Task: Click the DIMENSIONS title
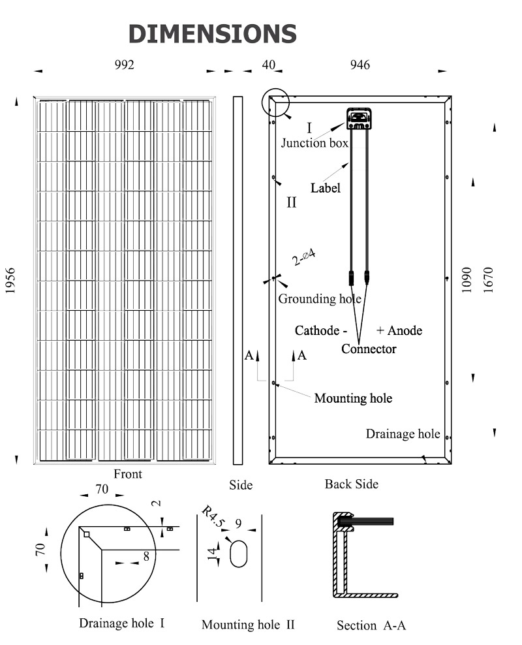point(213,33)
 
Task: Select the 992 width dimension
point(124,64)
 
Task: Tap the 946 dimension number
point(360,64)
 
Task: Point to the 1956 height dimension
point(10,281)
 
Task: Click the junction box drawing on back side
point(358,118)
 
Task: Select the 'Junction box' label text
point(315,143)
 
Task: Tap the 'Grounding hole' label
point(320,299)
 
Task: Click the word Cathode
point(317,330)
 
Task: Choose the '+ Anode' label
point(399,330)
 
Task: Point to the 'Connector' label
point(369,349)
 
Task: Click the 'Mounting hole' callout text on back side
point(353,398)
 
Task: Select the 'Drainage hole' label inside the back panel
point(403,434)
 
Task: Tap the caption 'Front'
point(128,475)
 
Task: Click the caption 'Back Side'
point(352,484)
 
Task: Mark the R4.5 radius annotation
point(212,515)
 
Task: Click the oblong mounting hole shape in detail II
point(239,554)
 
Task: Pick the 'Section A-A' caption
point(371,625)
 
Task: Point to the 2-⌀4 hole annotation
point(304,257)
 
